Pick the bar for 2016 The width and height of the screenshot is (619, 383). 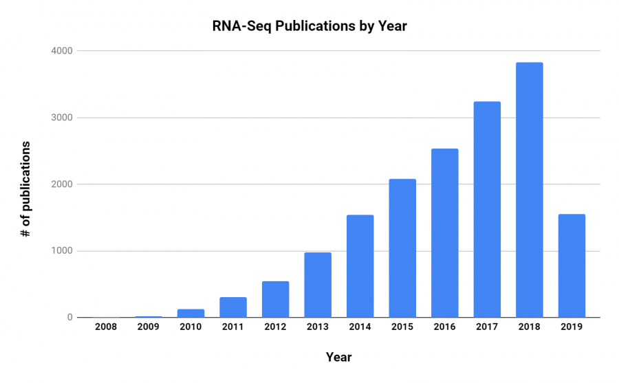444,233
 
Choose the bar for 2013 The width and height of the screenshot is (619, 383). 318,285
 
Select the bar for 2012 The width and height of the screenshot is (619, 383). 275,299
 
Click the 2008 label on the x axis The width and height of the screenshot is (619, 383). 106,327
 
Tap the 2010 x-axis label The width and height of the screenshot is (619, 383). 191,327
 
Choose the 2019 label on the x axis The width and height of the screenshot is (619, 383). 572,327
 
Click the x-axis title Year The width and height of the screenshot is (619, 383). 338,357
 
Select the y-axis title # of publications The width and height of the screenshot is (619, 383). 25,189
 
